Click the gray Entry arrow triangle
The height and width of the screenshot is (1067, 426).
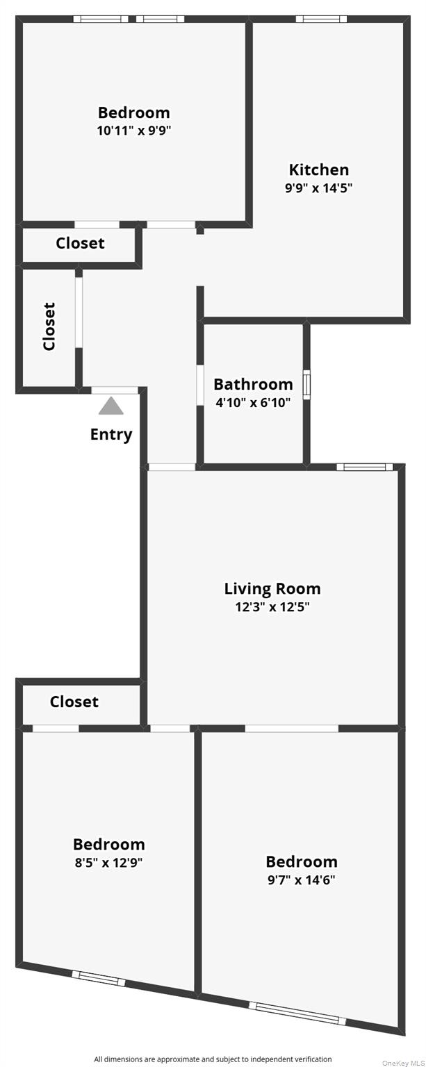110,406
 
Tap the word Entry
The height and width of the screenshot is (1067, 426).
110,435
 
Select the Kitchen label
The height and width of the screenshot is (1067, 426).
319,169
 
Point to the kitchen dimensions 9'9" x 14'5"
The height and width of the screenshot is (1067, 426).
319,188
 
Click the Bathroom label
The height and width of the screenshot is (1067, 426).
253,384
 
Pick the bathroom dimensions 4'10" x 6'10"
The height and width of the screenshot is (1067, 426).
253,402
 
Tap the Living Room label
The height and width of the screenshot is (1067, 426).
272,589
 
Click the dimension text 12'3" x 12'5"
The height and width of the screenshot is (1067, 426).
272,607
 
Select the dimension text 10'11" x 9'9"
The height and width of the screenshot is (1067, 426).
133,130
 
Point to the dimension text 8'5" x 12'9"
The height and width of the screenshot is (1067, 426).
109,863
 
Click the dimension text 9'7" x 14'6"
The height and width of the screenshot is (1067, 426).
302,880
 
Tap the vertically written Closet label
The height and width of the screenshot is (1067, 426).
49,326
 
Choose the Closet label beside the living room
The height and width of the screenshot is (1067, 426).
74,702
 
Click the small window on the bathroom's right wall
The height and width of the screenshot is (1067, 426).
306,384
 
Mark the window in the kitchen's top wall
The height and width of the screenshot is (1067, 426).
321,19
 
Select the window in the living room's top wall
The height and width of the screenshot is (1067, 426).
365,467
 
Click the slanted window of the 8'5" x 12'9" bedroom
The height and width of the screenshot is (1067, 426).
99,978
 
